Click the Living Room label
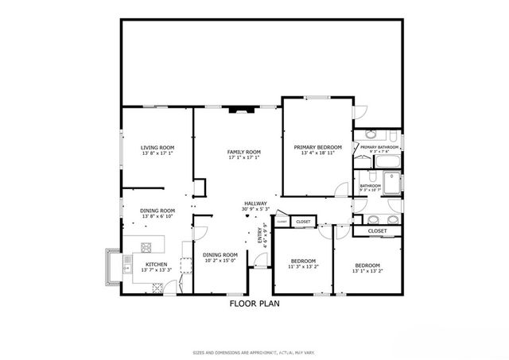click(x=157, y=147)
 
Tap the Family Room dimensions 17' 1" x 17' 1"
click(x=244, y=157)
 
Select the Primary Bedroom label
click(x=317, y=147)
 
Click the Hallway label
click(x=255, y=203)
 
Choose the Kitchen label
click(x=156, y=264)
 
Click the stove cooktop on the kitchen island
click(x=145, y=244)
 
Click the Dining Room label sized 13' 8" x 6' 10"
click(x=157, y=211)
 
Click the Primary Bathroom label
click(x=379, y=147)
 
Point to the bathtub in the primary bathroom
click(x=389, y=163)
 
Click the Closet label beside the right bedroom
click(x=378, y=230)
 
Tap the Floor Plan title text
click(x=254, y=303)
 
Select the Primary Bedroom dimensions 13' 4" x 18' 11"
click(x=317, y=153)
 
